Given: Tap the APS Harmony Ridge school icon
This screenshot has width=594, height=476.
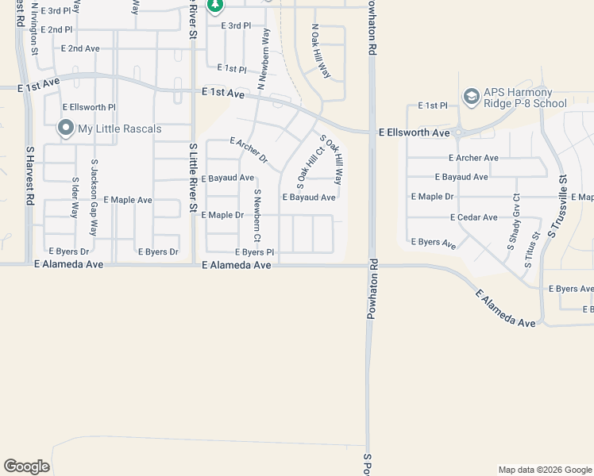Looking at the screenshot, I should point(471,98).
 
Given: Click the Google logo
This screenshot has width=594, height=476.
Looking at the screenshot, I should point(26,466).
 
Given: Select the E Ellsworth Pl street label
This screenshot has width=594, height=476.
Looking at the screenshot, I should point(90,107).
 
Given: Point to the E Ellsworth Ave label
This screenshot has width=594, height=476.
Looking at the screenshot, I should point(414,132).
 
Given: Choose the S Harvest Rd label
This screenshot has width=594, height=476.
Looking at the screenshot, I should point(29,175).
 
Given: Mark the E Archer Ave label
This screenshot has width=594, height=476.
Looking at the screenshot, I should point(473,158).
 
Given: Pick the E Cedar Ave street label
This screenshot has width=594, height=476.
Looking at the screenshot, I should point(473,217).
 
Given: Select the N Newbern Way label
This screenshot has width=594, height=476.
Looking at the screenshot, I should point(263,59).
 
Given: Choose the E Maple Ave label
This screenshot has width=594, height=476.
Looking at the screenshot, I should point(127,200).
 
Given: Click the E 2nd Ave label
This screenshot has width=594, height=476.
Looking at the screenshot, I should point(80,48).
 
